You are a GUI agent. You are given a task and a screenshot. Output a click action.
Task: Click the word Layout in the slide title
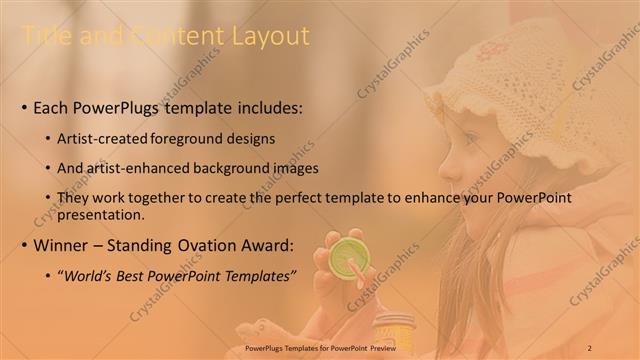coord(272,37)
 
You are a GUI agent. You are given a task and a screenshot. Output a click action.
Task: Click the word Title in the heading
coord(45,37)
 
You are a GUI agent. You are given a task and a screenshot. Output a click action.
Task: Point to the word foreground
coord(189,138)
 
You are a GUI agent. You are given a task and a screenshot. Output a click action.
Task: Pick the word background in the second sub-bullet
coord(226,168)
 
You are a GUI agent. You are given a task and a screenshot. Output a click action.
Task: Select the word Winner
coord(61,244)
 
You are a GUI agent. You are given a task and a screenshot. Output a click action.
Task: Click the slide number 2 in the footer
coord(590,347)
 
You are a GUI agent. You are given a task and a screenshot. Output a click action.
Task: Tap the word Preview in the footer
coord(393,347)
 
